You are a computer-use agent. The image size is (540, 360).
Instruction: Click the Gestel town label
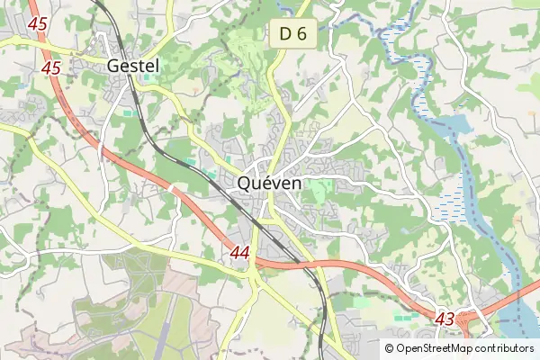[x=132, y=66]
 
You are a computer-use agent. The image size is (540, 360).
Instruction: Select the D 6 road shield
[x=293, y=34]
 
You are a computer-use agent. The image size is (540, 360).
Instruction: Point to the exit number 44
[x=239, y=253]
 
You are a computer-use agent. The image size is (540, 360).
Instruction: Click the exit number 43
[x=445, y=319]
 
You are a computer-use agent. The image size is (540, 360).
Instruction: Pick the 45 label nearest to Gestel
[x=51, y=67]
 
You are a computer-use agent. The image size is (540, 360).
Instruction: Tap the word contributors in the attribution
[x=504, y=348]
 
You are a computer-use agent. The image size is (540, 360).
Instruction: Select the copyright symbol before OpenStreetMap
[x=389, y=348]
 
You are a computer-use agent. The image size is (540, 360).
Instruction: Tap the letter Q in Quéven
[x=245, y=183]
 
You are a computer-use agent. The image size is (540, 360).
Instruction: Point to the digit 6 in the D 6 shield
[x=302, y=34]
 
